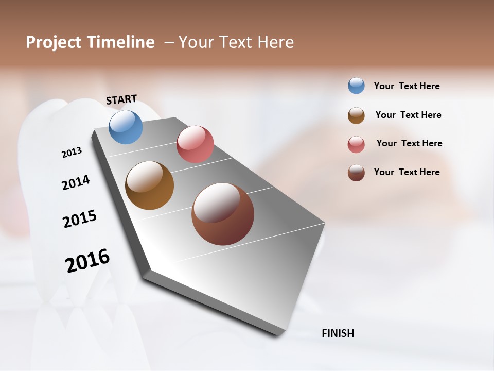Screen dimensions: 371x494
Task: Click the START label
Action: click(121, 99)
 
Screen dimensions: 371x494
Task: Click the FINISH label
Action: click(338, 333)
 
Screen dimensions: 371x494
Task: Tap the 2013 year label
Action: click(72, 153)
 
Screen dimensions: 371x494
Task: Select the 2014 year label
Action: click(76, 182)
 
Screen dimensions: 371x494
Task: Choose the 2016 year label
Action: click(87, 260)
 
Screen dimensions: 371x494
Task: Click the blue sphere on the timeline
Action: click(126, 127)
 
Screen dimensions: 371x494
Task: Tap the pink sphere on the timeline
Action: click(195, 144)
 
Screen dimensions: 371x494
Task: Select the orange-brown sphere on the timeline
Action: click(149, 185)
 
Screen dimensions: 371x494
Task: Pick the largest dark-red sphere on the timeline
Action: click(223, 214)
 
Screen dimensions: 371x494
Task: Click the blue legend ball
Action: click(356, 86)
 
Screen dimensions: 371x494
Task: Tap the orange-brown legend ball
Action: click(356, 115)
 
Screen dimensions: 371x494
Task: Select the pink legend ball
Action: click(356, 144)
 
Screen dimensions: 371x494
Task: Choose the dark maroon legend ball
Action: click(356, 173)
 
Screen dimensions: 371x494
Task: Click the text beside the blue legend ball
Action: click(407, 86)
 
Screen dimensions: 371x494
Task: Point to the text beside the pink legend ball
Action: click(409, 143)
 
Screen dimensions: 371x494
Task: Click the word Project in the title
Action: click(54, 42)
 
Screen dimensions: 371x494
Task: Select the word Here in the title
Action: click(275, 42)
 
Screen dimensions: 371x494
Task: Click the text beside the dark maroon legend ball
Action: click(407, 172)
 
